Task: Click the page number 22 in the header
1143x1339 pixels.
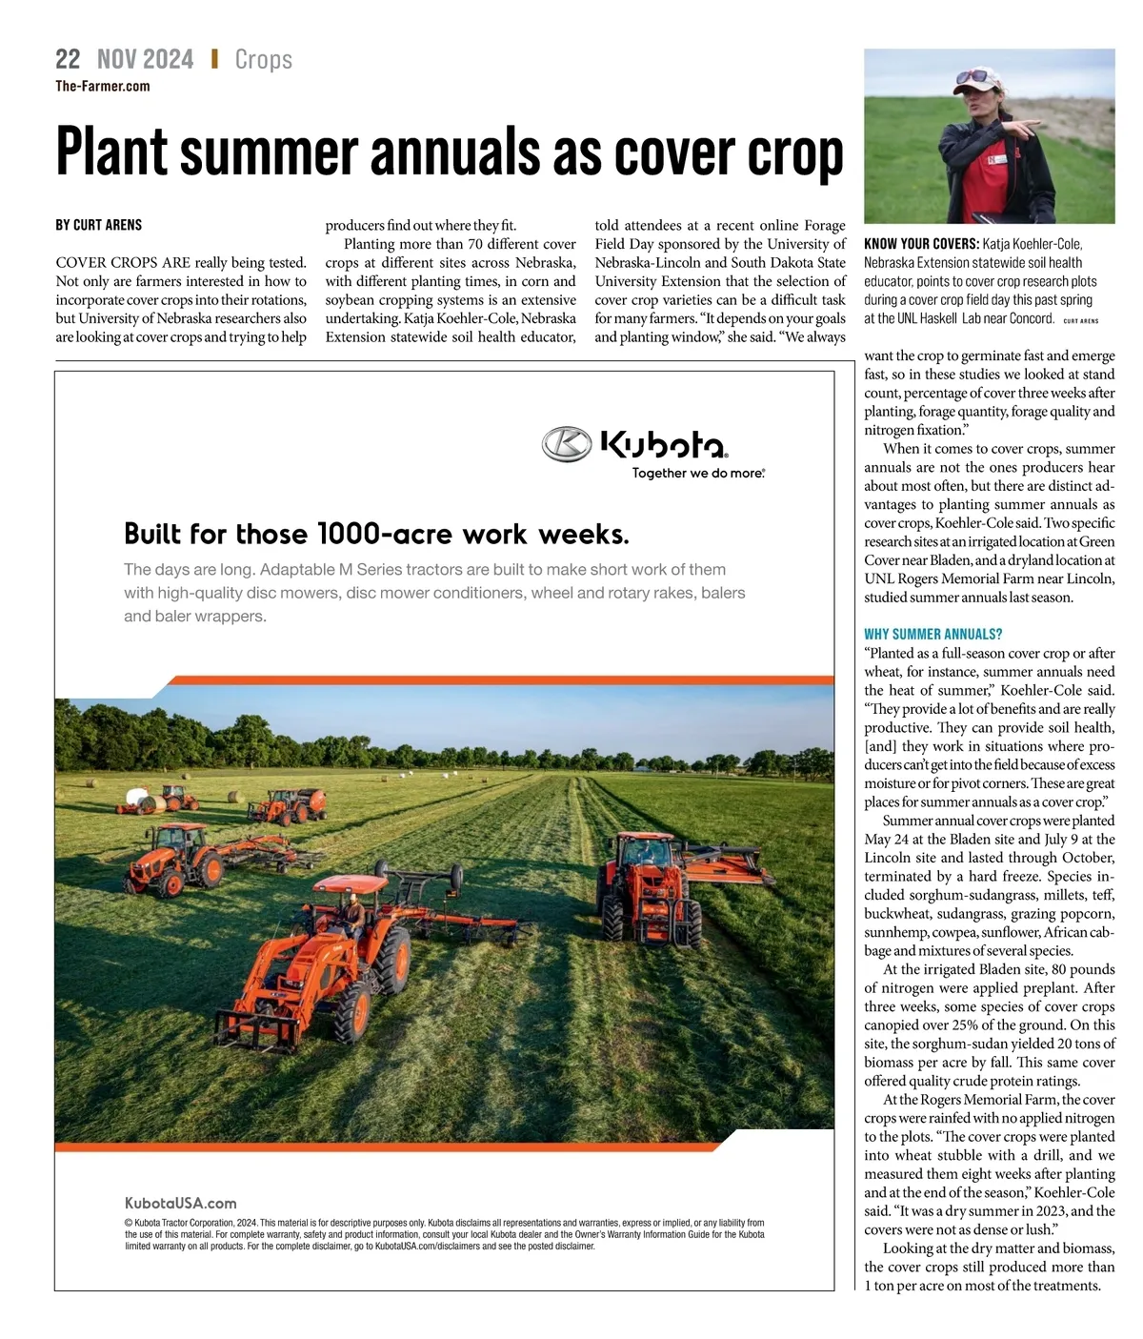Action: [68, 59]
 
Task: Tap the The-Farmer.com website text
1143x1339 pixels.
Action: [102, 86]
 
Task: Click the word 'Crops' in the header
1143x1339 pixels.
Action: [263, 59]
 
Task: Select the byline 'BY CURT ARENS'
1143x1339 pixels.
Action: [98, 225]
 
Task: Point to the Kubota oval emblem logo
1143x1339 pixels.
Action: [567, 443]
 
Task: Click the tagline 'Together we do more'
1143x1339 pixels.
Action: [698, 473]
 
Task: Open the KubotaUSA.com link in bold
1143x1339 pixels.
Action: [180, 1203]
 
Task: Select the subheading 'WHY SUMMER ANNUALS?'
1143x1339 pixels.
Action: [932, 634]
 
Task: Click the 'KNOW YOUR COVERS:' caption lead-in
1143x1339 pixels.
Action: [920, 244]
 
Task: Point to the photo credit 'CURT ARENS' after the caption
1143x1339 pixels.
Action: [1080, 321]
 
